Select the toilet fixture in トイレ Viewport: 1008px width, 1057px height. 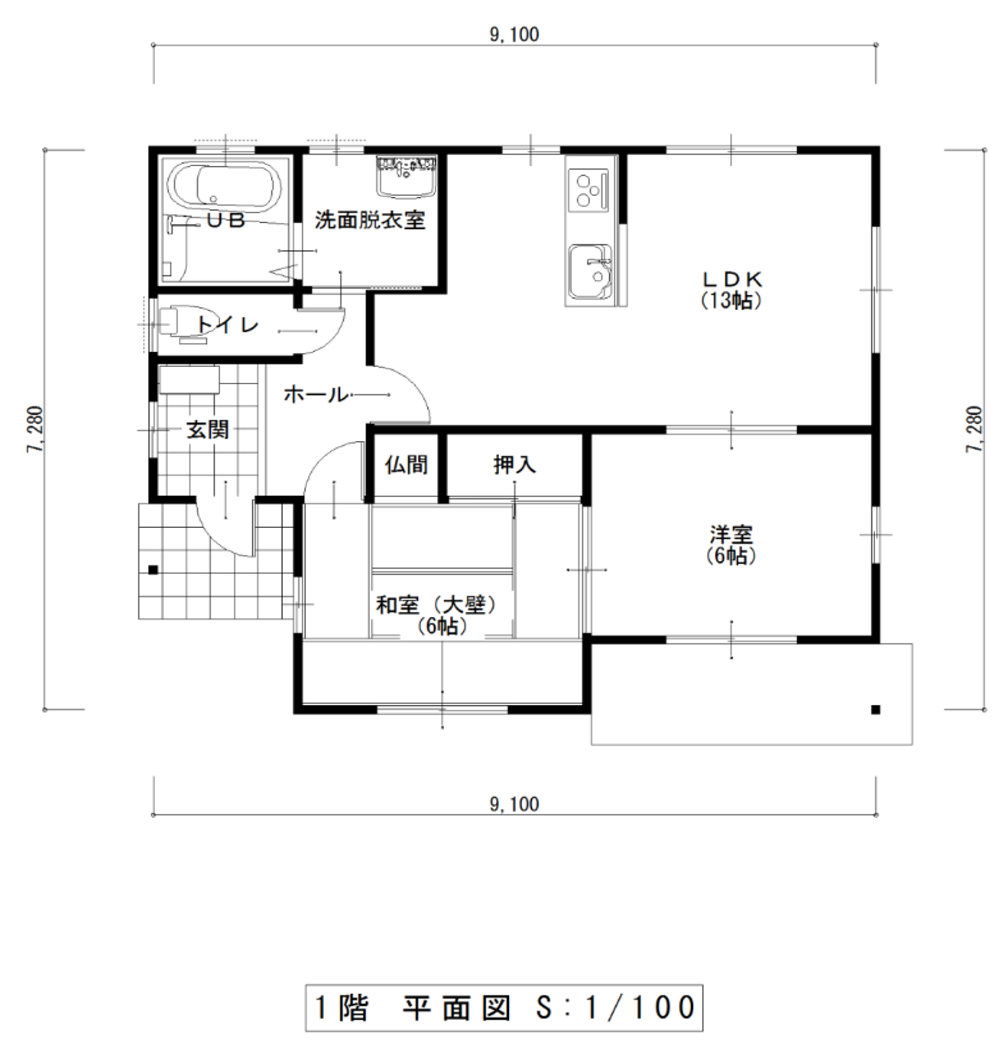[x=183, y=325]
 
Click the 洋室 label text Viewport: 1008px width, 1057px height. [x=731, y=535]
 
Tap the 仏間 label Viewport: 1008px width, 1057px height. [x=406, y=465]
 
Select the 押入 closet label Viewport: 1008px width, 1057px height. [x=515, y=465]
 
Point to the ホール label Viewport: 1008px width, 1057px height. [x=316, y=395]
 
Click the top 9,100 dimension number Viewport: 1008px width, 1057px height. [x=514, y=34]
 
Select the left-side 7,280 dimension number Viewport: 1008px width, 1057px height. [x=34, y=429]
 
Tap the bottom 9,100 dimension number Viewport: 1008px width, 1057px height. [x=514, y=804]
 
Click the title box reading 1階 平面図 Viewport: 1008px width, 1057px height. [x=504, y=1008]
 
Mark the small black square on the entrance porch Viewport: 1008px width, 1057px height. [x=153, y=570]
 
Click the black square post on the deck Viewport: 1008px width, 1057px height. [x=876, y=709]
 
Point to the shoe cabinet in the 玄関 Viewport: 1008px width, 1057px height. [x=189, y=380]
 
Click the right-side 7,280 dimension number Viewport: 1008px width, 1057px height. [x=974, y=429]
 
